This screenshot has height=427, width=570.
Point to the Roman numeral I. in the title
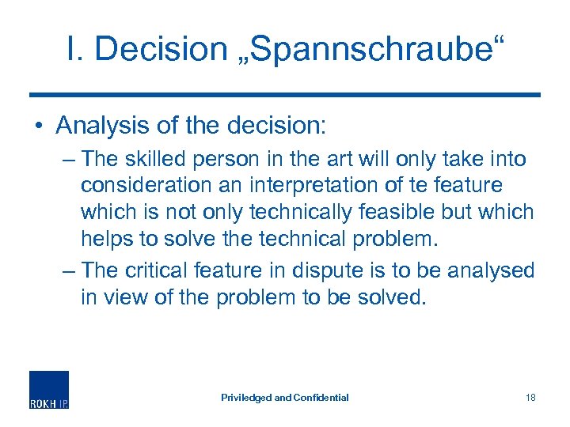coord(75,49)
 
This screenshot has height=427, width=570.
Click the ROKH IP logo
coord(49,389)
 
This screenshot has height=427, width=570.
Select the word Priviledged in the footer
coord(245,397)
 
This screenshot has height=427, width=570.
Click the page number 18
coord(530,397)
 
